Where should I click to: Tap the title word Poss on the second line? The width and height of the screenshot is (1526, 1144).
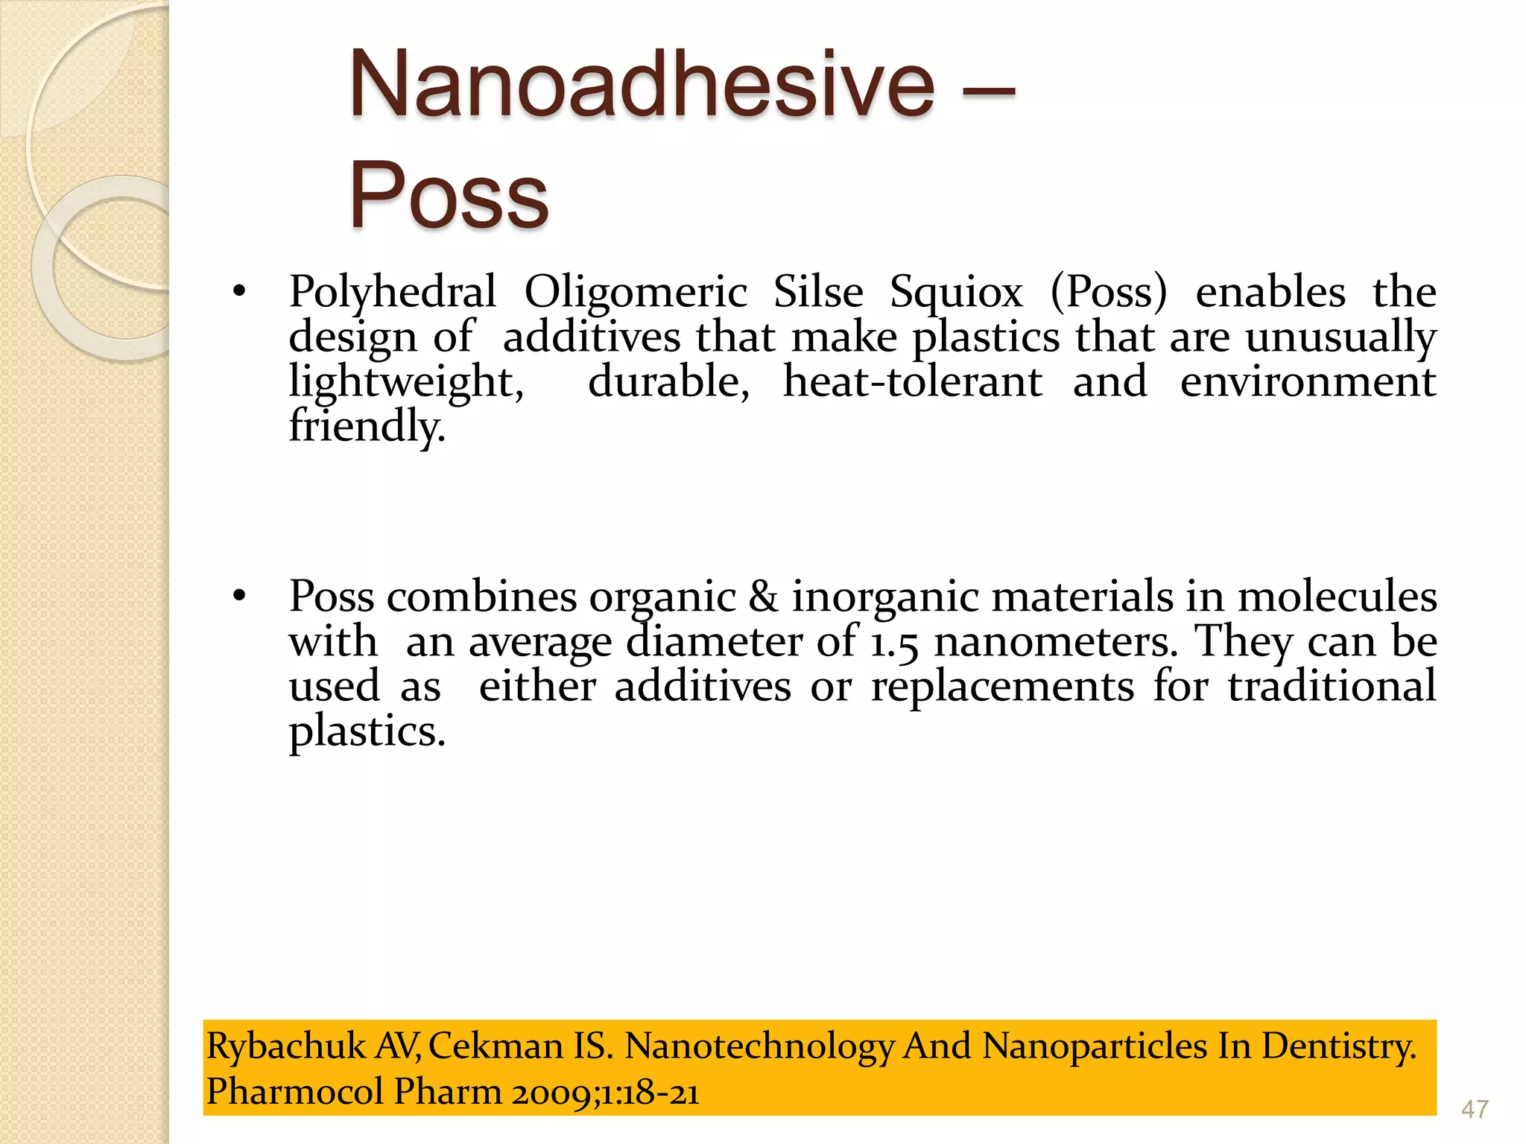(x=449, y=196)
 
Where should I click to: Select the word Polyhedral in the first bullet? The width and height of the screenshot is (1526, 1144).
(x=392, y=292)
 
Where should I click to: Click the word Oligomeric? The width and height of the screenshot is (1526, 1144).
(x=635, y=292)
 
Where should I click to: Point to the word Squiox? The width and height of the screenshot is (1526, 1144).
(x=956, y=292)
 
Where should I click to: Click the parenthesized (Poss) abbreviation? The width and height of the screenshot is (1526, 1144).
(x=1108, y=292)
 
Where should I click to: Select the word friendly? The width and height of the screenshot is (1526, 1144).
(x=367, y=427)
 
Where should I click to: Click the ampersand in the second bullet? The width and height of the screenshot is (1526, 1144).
(x=763, y=597)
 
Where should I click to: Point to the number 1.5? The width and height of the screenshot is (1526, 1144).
(x=893, y=642)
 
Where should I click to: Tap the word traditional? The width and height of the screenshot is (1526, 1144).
(x=1332, y=686)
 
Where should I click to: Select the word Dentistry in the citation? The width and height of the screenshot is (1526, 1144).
(x=1338, y=1046)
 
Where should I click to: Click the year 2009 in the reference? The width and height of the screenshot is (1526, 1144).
(x=550, y=1093)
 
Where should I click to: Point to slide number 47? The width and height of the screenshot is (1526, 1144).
(x=1475, y=1110)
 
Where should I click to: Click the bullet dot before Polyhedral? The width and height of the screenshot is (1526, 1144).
(x=238, y=292)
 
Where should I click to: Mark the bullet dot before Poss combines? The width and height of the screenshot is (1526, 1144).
(x=238, y=597)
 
